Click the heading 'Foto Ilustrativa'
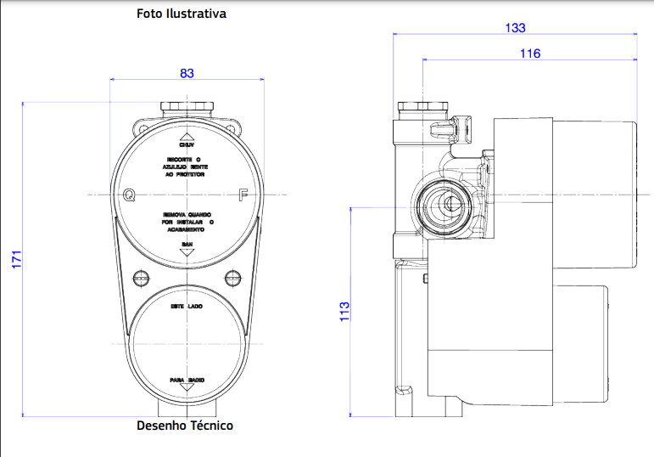182,14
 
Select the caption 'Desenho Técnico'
185,426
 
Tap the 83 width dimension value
187,73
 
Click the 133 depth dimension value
514,27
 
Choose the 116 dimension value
530,54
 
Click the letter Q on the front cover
129,195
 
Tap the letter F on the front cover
243,195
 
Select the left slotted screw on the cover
140,277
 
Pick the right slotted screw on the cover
233,277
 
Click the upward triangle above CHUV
187,136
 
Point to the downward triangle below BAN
187,252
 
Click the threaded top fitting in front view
187,108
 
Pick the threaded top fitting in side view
422,108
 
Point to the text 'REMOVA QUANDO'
187,215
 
